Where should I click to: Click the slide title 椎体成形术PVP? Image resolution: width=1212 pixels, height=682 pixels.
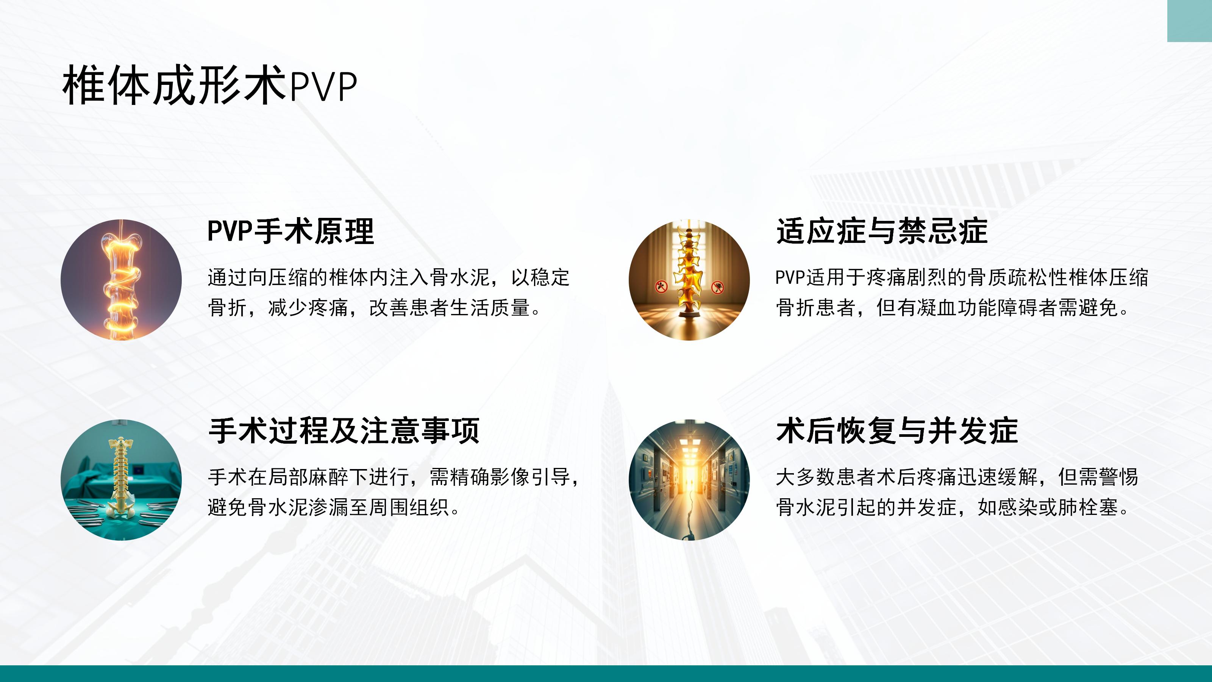coord(210,85)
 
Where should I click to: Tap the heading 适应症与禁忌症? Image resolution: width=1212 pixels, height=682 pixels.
coord(882,231)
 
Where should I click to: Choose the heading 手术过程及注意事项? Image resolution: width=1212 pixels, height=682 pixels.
coord(344,431)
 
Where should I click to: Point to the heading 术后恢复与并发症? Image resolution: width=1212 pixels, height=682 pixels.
coord(897,431)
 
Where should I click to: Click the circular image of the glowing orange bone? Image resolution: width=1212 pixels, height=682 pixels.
coord(121,280)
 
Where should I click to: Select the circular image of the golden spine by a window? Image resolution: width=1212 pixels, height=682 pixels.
coord(689,280)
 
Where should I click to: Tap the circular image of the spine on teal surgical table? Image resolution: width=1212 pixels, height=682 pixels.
coord(121,480)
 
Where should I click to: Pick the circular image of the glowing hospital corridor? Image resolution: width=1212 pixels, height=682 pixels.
coord(689,480)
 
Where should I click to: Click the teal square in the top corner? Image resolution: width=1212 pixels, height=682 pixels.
coord(1189,21)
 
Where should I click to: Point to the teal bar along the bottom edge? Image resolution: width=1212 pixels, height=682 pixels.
coord(606,674)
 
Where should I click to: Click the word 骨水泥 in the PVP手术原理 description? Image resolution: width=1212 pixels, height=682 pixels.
coord(460,278)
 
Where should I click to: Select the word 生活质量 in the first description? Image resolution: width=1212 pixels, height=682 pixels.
coord(490,308)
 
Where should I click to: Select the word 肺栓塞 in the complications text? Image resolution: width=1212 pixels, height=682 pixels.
coord(1089,507)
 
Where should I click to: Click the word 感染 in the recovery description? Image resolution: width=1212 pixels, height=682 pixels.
coord(1018,507)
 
